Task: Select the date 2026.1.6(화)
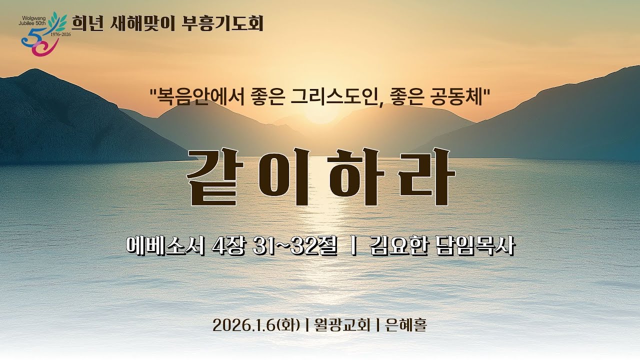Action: (x=256, y=325)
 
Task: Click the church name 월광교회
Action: (x=342, y=325)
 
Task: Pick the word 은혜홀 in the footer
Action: (x=406, y=325)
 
